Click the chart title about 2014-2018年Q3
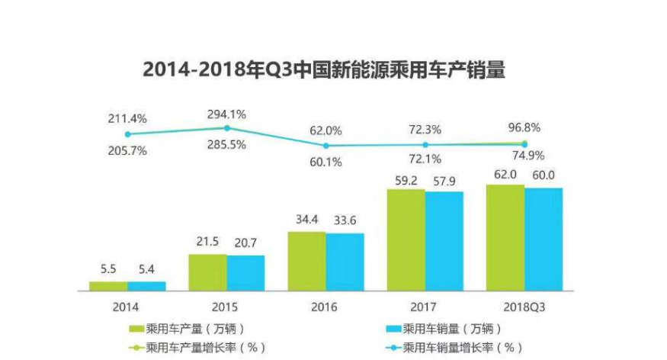(x=324, y=70)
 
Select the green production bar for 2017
(x=406, y=239)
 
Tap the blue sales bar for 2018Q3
(x=543, y=239)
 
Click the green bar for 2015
(x=207, y=272)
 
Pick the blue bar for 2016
(x=345, y=262)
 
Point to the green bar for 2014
(x=108, y=286)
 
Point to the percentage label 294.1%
(x=226, y=114)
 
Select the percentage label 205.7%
(x=127, y=151)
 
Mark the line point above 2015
(x=226, y=128)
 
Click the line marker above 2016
(x=326, y=145)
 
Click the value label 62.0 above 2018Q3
(x=505, y=175)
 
